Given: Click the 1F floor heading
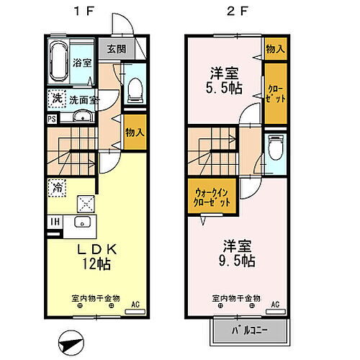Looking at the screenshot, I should (96, 12).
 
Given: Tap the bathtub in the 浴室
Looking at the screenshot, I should (60, 61).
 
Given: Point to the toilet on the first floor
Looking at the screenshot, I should (133, 89).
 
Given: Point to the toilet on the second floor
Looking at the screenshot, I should (274, 150).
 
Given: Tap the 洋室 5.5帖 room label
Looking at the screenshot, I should (224, 79).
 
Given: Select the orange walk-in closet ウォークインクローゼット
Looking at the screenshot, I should (213, 198).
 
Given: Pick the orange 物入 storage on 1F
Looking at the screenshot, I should (134, 132).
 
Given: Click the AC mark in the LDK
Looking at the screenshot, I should (135, 305).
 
